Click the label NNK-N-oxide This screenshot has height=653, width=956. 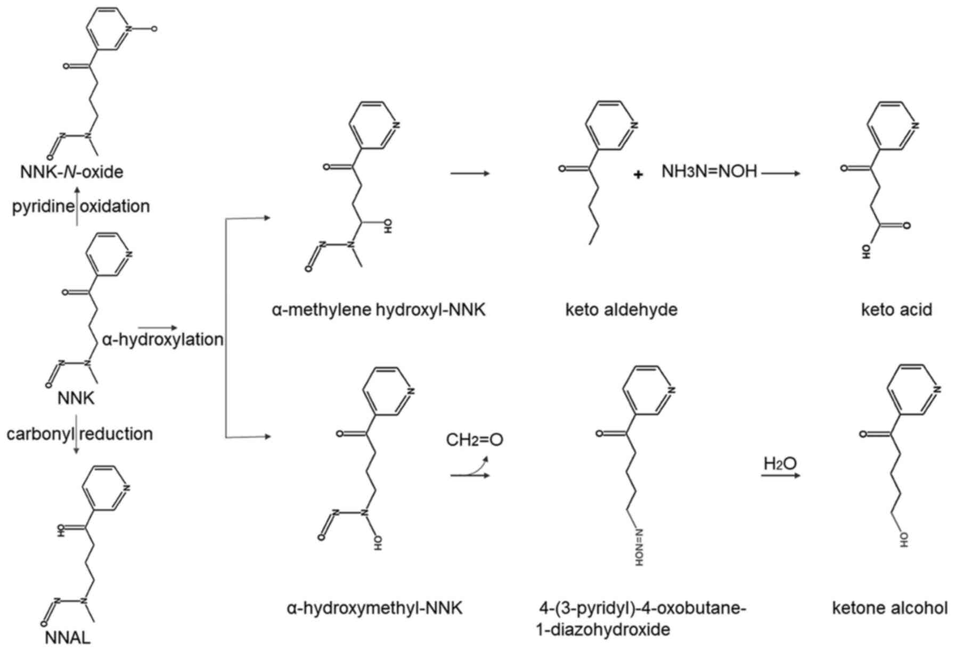click(72, 171)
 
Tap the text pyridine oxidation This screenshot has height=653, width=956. click(81, 206)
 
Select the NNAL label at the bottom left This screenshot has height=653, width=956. click(67, 638)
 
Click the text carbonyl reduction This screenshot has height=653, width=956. click(80, 434)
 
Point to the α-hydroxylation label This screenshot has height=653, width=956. click(162, 339)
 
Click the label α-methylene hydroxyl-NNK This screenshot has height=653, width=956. click(379, 309)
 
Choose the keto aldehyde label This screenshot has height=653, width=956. click(621, 309)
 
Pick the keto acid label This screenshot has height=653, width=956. click(896, 309)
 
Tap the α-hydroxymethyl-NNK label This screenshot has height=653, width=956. click(374, 607)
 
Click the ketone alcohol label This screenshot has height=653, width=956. click(889, 607)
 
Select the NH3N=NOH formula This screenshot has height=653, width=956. click(709, 171)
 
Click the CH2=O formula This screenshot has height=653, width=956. click(475, 440)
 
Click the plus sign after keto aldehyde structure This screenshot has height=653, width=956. click(638, 174)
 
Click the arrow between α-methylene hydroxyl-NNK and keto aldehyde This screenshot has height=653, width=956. click(470, 173)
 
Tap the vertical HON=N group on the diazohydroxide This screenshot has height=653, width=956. click(639, 547)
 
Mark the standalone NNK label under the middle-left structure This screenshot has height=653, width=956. click(76, 398)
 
